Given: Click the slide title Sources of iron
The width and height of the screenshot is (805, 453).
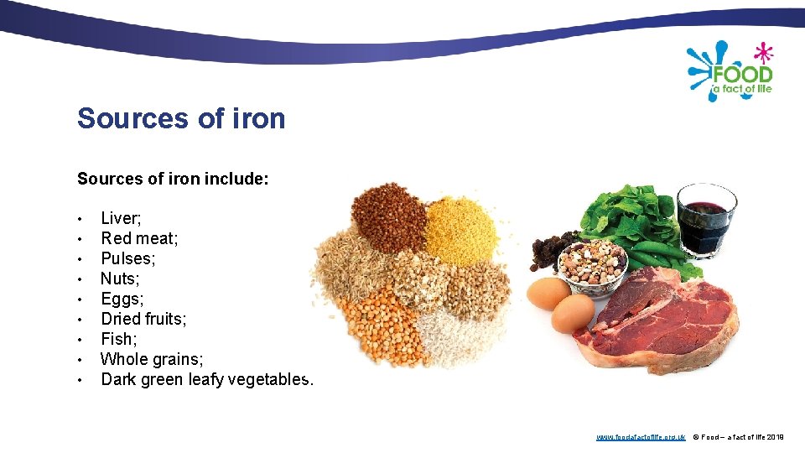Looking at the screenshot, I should tap(181, 118).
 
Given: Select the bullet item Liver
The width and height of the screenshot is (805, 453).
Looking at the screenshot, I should tap(121, 218).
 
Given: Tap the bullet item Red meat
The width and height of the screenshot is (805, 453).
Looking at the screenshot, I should tap(139, 238).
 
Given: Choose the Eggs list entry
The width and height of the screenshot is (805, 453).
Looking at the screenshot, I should tap(122, 299).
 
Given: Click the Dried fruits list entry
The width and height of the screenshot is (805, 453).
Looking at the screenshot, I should tap(143, 319).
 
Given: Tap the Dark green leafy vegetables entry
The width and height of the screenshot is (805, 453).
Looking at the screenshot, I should tap(207, 379).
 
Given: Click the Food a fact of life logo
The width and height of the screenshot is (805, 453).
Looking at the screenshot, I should tap(730, 70).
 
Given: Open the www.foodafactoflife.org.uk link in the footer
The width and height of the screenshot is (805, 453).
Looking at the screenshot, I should tap(641, 437).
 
